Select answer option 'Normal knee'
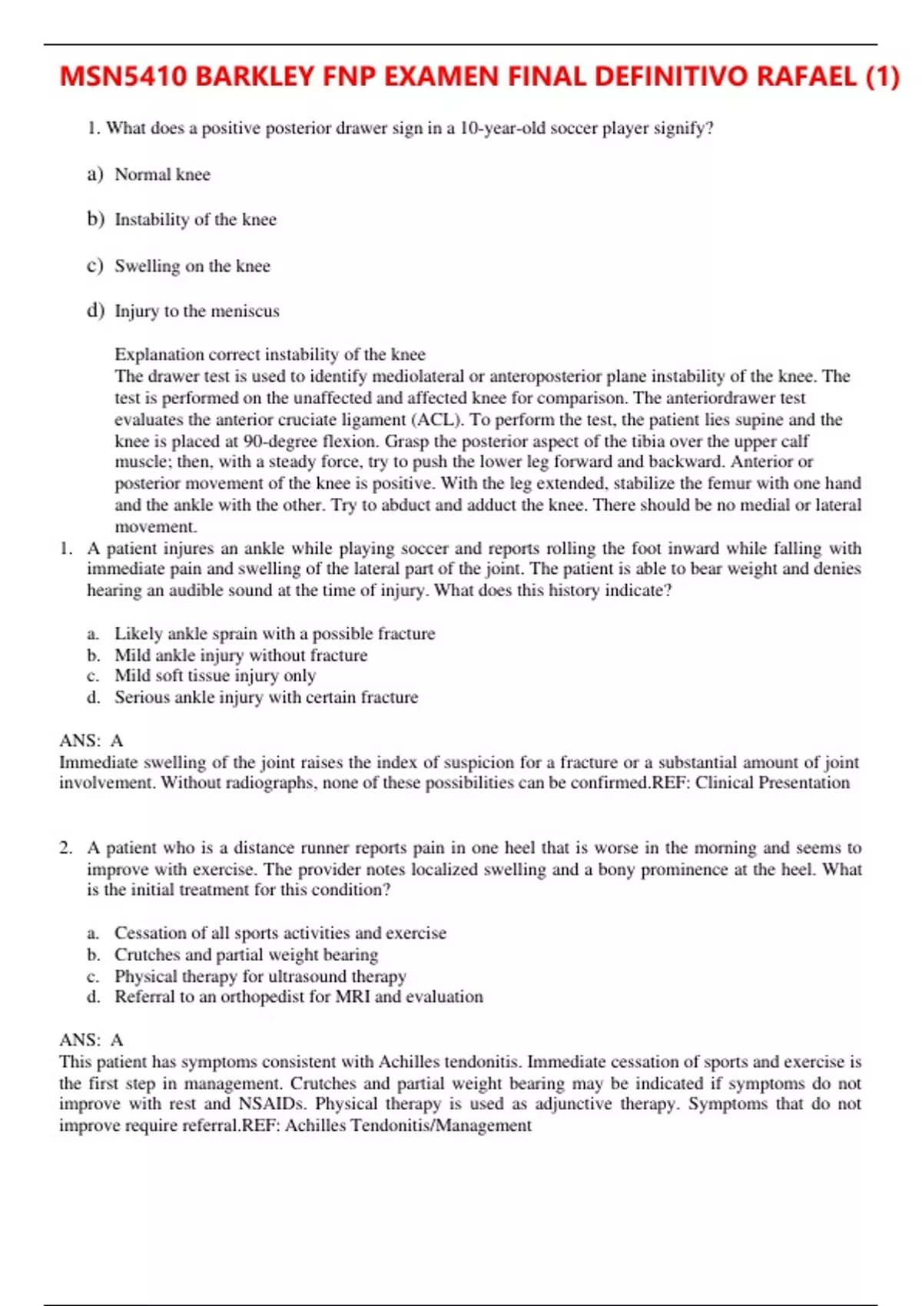coord(162,175)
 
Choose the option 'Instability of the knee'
coord(195,220)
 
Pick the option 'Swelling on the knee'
coord(192,267)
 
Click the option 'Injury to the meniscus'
coord(197,311)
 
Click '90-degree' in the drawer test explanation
coord(280,442)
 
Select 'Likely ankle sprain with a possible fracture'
coord(274,634)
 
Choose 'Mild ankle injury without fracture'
coord(240,655)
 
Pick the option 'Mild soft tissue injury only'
coord(215,676)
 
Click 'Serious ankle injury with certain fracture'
coord(266,698)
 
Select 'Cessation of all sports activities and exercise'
coord(280,933)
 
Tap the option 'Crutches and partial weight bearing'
coord(246,955)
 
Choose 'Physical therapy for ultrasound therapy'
coord(260,976)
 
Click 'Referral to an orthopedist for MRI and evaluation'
coord(298,997)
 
